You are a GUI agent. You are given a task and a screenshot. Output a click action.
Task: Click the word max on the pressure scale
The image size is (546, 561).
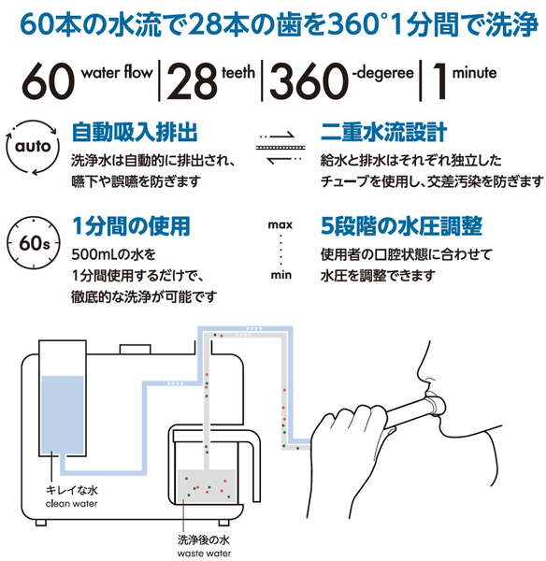279,224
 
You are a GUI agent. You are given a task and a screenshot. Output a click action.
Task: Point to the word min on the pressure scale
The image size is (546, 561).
279,277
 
